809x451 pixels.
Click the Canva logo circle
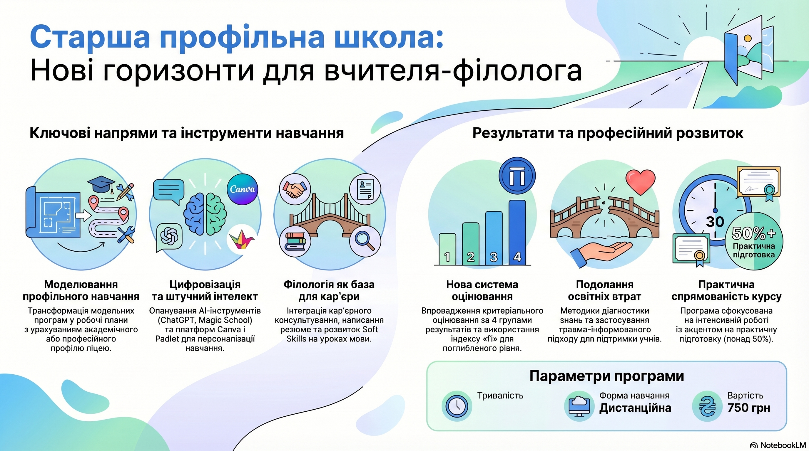242,189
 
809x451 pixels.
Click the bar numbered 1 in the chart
447,249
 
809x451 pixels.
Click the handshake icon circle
295,189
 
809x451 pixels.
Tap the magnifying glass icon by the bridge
365,241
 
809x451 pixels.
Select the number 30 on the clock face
715,222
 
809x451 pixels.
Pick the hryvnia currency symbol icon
707,406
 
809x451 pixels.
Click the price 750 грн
749,408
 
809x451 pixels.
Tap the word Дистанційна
635,408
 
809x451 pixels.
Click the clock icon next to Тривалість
457,406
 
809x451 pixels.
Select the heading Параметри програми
606,376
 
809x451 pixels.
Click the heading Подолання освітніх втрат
605,290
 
